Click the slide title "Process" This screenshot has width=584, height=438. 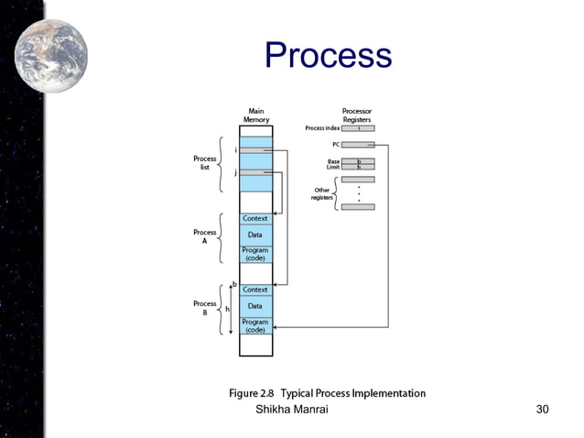(328, 56)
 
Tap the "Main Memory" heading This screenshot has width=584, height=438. (255, 115)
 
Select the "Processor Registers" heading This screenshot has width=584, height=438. (357, 115)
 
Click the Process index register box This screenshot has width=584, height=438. (358, 128)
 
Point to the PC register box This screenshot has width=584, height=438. (358, 145)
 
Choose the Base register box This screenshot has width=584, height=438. (358, 161)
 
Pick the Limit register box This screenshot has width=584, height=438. (358, 168)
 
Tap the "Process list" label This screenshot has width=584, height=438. (205, 162)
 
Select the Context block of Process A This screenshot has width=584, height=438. (255, 218)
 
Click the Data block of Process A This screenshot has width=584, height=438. (255, 235)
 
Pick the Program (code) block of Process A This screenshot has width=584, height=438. (255, 254)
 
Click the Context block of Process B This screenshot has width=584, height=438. (255, 290)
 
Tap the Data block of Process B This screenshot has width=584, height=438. (255, 305)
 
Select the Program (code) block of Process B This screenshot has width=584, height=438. (255, 325)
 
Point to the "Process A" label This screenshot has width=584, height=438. (205, 235)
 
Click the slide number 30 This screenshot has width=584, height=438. (542, 409)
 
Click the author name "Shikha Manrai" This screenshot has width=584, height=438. (291, 409)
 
